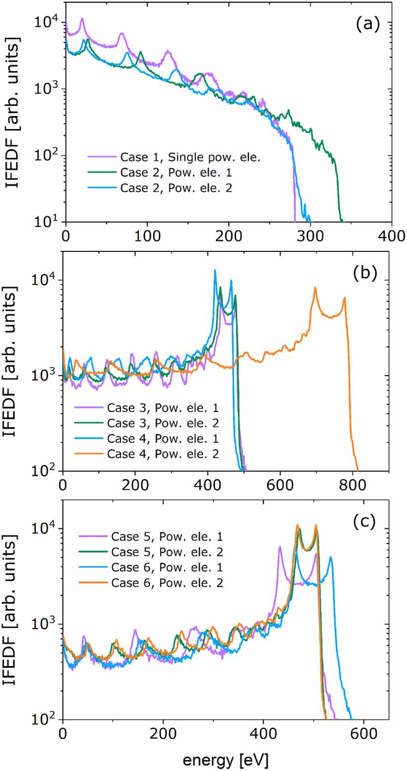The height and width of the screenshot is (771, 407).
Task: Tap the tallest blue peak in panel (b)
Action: (215, 271)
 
